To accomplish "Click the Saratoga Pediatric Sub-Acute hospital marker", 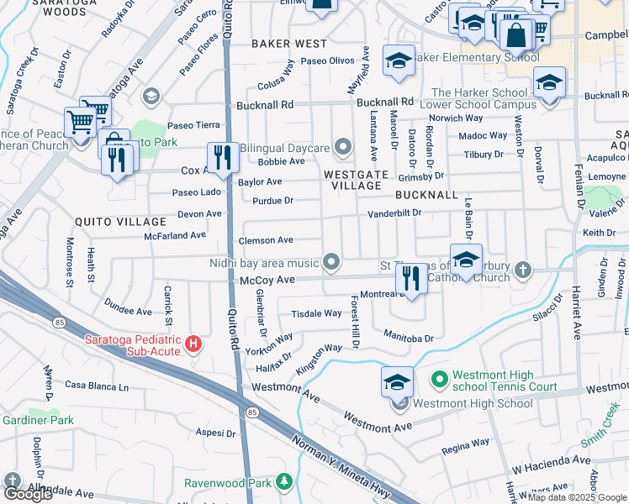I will [x=194, y=344].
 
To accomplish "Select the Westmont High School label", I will [x=473, y=403].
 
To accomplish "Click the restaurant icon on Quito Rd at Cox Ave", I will [x=222, y=158].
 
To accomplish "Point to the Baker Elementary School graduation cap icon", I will [x=399, y=60].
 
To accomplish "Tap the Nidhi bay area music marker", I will [x=333, y=263].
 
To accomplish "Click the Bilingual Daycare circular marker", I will [x=342, y=148].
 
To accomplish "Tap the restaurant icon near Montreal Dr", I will [x=411, y=278].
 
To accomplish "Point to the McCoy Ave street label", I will [x=267, y=280].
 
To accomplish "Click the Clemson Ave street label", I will [x=266, y=240].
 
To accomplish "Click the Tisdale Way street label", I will [x=316, y=313].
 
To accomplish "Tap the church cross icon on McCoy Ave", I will [x=523, y=269].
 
